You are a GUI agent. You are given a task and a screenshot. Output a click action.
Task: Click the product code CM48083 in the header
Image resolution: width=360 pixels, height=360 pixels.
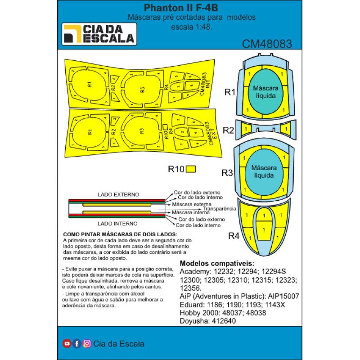pos(267,44)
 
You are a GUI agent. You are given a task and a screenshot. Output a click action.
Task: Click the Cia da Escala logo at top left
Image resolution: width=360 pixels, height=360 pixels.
pos(99,34)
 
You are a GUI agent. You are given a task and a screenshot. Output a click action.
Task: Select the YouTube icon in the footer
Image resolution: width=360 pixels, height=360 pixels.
pos(67,343)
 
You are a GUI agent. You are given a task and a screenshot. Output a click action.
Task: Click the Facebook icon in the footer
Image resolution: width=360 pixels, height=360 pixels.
pos(77,343)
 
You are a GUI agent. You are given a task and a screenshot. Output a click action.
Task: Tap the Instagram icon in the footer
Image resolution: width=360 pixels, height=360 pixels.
pos(87,343)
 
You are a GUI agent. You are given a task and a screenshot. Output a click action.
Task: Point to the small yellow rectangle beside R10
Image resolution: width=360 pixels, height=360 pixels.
pos(191,169)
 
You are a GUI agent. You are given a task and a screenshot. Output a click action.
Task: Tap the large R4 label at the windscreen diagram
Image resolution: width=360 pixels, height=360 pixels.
pos(234,236)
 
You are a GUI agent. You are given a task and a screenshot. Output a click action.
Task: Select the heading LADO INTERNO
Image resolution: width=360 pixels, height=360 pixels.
pos(118,223)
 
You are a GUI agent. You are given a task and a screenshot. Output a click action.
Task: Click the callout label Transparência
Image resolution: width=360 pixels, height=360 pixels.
pos(219,209)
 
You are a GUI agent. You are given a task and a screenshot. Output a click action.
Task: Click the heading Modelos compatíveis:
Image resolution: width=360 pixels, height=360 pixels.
pos(217,263)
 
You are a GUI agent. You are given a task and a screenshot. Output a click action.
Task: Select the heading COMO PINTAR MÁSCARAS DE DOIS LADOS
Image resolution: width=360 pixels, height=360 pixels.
pos(120,235)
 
